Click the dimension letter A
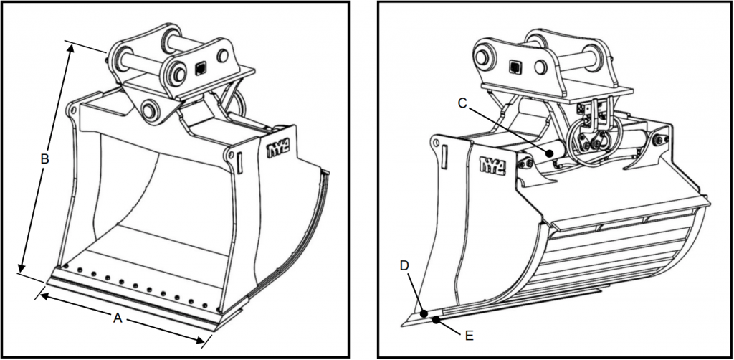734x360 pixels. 118,318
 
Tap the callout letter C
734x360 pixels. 463,103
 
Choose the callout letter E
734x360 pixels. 469,334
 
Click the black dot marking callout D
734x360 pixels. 424,313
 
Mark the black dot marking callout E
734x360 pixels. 437,321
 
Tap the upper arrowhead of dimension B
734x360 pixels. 71,48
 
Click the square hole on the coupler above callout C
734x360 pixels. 514,68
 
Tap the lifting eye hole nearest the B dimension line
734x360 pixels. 73,111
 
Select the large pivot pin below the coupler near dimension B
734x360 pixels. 151,110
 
